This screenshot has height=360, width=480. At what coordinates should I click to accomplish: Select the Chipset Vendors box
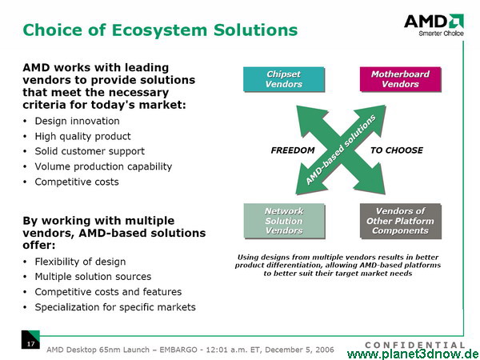pos(284,79)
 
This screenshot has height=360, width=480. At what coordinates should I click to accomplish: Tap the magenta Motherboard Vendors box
pos(401,79)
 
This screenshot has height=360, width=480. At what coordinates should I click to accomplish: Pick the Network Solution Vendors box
pos(284,221)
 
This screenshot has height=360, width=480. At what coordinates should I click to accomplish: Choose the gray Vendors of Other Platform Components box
pos(401,221)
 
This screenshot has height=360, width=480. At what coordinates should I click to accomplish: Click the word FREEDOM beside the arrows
pos(293,150)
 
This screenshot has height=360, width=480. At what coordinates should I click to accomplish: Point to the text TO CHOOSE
pos(397,150)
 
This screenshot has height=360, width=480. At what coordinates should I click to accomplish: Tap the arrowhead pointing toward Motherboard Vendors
pos(374,118)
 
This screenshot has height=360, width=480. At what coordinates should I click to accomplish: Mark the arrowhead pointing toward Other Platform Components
pos(373,182)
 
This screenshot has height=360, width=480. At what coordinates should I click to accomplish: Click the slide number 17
pos(30,344)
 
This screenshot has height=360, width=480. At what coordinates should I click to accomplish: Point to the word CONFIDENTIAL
pos(414,345)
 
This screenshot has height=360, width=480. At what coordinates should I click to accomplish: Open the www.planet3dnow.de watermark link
pos(414,354)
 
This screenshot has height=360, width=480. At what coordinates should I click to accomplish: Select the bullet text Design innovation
pos(77,122)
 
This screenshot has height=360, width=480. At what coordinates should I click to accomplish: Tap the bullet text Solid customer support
pos(90,151)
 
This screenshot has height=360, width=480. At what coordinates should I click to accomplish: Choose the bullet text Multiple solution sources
pos(93,277)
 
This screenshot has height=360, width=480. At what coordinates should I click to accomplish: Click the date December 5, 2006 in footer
pos(299,350)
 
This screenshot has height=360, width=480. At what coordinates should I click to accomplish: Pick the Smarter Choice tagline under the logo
pos(441,34)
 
